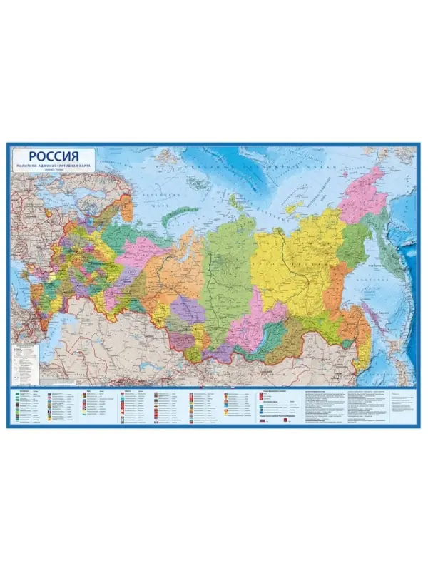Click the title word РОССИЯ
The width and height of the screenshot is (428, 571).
coord(52,157)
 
